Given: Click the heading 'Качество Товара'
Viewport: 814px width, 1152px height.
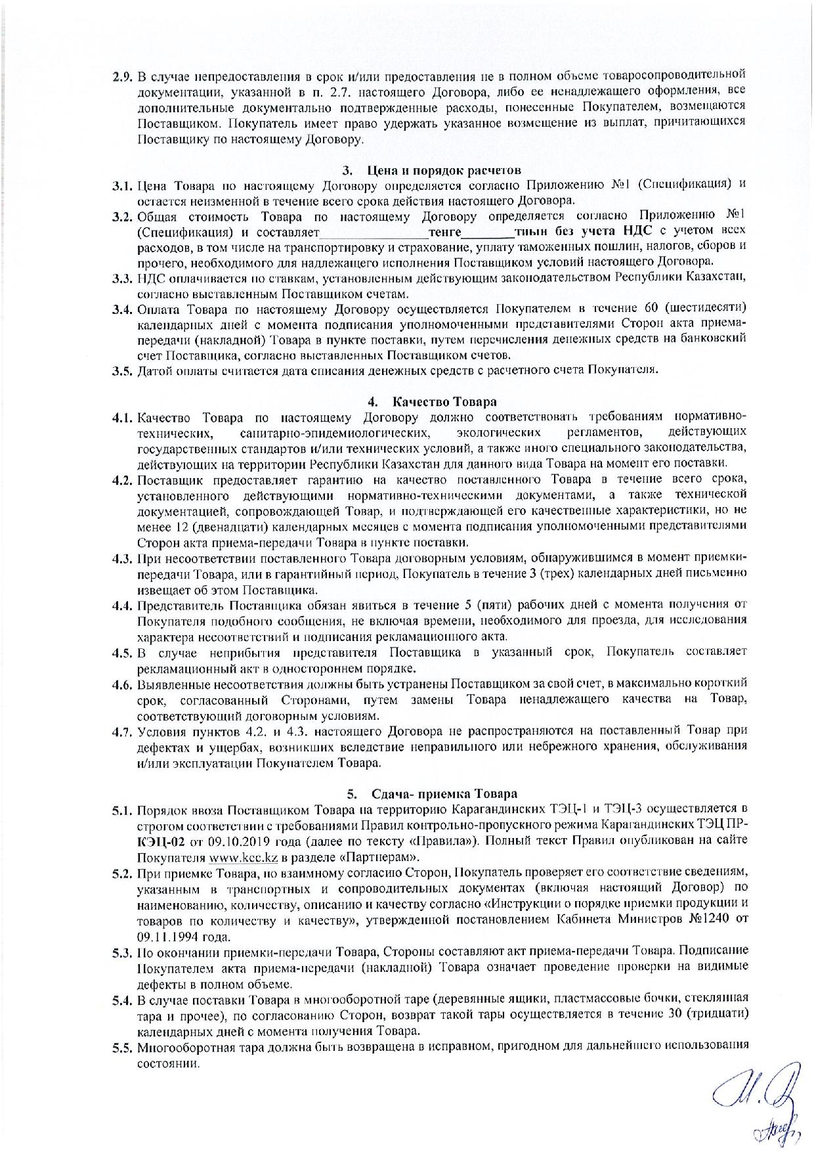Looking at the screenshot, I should pos(444,401).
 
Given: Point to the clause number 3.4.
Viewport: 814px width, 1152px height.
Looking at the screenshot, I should pos(122,309).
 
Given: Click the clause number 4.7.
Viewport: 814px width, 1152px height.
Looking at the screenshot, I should pos(122,731).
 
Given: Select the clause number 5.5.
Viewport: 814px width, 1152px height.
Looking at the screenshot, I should pos(122,1044).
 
